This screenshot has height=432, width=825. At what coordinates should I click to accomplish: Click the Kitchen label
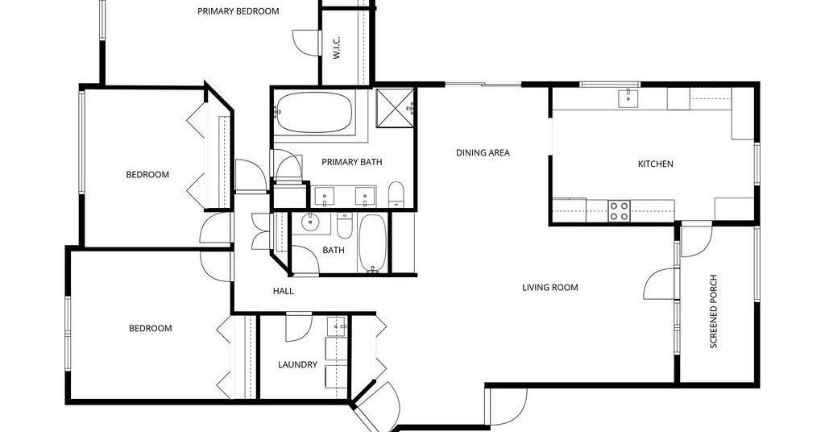tap(655, 164)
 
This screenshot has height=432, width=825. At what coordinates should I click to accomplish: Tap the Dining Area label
tap(483, 153)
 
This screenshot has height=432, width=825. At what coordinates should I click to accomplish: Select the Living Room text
tap(549, 287)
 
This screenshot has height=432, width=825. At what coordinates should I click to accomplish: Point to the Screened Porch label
tap(714, 311)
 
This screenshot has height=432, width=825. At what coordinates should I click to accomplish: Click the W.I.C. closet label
tap(337, 48)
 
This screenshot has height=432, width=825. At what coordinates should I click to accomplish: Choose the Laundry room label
tap(297, 364)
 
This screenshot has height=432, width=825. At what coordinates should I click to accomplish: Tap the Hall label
tap(283, 291)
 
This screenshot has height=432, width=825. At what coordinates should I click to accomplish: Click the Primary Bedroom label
tap(238, 11)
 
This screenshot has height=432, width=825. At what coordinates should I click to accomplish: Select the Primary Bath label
tap(351, 162)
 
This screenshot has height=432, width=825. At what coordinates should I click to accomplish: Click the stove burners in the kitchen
tap(620, 211)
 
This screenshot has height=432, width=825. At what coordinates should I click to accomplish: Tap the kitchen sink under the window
tap(628, 98)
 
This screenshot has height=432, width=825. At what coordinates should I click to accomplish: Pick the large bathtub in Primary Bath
tap(313, 113)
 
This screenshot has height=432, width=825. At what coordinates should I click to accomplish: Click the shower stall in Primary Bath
tap(396, 108)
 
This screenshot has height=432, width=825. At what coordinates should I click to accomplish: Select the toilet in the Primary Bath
tap(396, 194)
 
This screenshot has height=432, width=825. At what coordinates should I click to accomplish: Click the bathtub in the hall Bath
tap(372, 243)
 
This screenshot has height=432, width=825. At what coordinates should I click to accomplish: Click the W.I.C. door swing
tap(305, 42)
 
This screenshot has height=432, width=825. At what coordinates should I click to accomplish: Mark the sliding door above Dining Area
tap(483, 84)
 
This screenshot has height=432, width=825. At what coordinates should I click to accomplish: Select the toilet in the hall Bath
tap(345, 224)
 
